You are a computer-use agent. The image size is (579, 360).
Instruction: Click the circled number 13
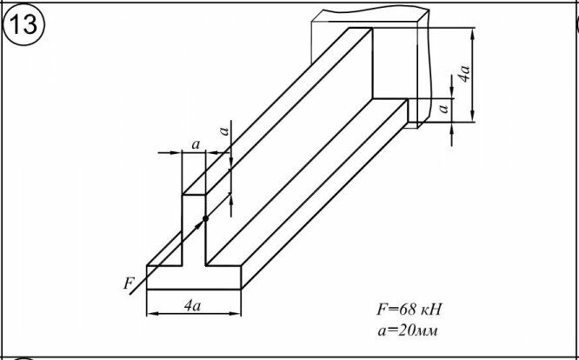tap(24, 24)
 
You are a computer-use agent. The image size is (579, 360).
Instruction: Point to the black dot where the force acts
tap(205, 217)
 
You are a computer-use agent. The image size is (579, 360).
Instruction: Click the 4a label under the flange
tap(193, 305)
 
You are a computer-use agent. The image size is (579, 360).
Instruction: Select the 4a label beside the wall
tap(466, 73)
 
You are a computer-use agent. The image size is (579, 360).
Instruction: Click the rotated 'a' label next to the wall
tap(443, 107)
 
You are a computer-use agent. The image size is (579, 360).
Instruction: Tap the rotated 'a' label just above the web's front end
tap(223, 131)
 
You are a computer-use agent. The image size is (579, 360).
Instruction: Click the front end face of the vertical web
tap(193, 228)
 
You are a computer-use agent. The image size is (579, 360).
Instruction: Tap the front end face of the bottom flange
tap(193, 277)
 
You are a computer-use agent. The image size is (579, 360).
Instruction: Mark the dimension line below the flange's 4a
tap(193, 314)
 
